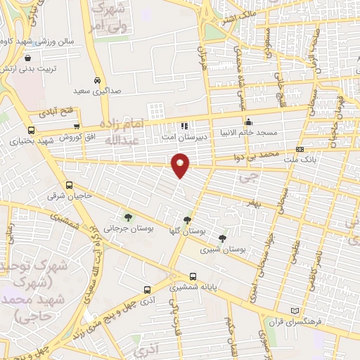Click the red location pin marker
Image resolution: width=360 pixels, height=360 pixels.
tap(181, 165)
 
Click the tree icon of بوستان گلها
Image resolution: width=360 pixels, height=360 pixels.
tap(187, 220)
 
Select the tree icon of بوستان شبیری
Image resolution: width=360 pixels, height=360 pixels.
tap(223, 239)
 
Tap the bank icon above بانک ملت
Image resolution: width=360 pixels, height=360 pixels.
tap(300, 149)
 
